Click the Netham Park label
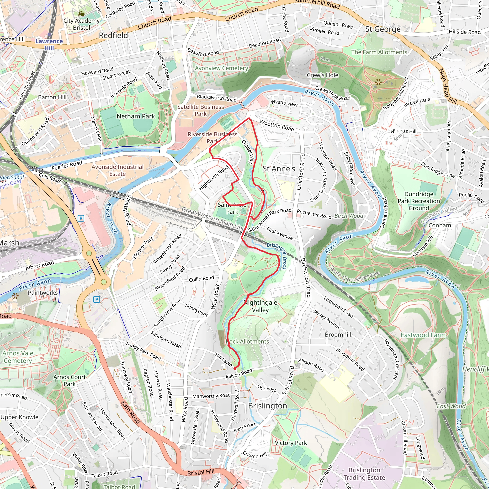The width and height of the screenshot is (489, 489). click(x=136, y=116)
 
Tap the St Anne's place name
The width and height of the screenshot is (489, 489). click(x=279, y=169)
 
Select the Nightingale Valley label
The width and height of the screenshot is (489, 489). click(x=260, y=306)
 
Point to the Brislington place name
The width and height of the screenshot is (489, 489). click(x=267, y=406)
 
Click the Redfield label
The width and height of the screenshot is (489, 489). click(x=113, y=35)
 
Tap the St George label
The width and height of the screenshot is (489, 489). click(x=383, y=29)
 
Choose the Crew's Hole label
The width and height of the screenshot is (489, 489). click(x=322, y=75)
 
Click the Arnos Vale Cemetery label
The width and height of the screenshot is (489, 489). click(x=18, y=357)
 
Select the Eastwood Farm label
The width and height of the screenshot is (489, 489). click(x=423, y=335)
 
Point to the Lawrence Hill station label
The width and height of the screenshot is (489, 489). click(x=49, y=45)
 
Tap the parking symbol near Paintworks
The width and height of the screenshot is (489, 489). click(x=96, y=300)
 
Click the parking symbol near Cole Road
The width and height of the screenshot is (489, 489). click(x=81, y=218)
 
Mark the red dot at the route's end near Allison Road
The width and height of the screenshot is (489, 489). click(x=235, y=368)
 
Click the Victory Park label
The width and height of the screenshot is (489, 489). click(x=291, y=443)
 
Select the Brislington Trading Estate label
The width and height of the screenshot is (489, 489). click(x=364, y=474)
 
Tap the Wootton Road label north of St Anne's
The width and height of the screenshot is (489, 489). click(x=277, y=126)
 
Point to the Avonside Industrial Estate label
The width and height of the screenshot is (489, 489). click(x=117, y=170)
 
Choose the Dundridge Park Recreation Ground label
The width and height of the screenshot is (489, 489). click(x=419, y=201)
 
